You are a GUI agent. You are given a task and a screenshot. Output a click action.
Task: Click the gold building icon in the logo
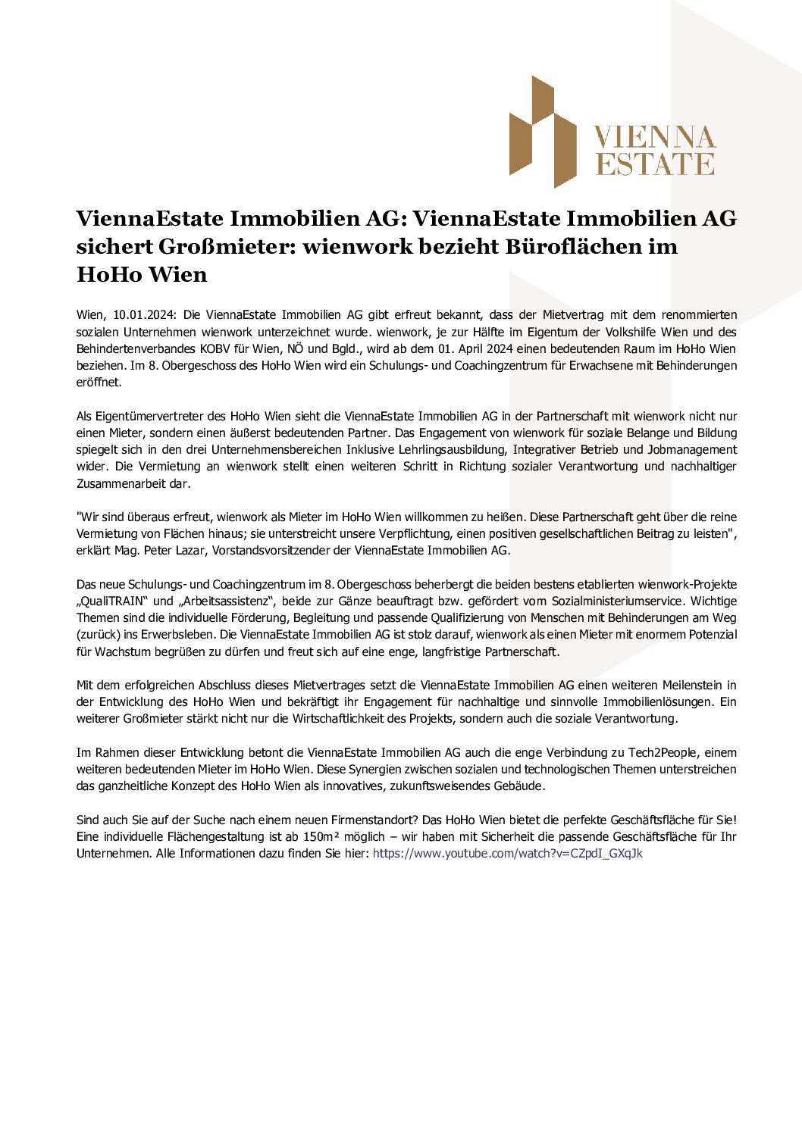[542, 133]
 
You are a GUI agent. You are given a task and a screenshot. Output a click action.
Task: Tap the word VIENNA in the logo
[653, 138]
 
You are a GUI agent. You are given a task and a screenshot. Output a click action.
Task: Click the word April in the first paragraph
[479, 348]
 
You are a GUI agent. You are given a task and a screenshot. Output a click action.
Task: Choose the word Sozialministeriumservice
[617, 601]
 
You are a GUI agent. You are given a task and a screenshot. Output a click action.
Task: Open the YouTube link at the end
[507, 854]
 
